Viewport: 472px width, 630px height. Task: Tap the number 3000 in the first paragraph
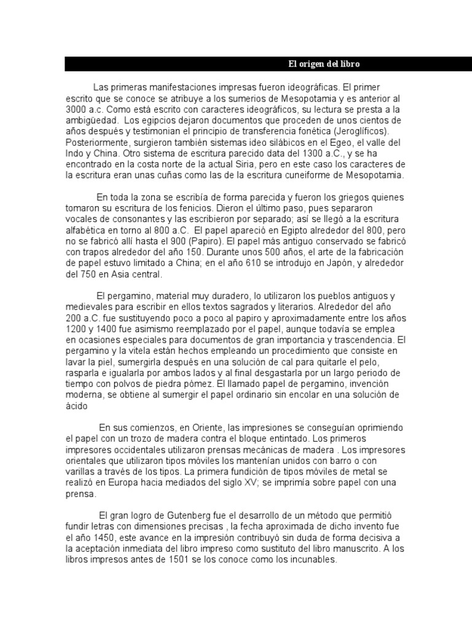click(x=77, y=110)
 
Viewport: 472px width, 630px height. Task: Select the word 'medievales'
click(x=88, y=307)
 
